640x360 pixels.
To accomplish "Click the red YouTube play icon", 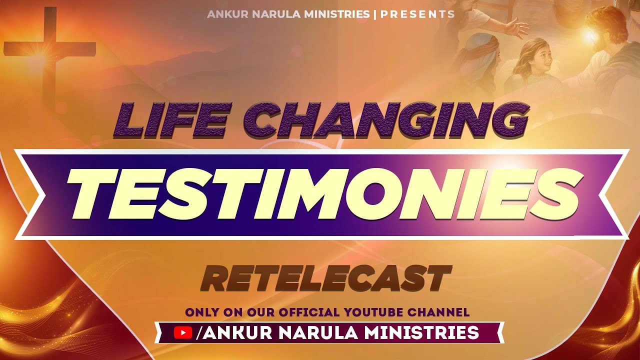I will (x=183, y=332).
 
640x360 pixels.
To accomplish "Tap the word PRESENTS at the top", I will (x=417, y=14).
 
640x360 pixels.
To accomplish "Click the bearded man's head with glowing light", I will (x=605, y=27).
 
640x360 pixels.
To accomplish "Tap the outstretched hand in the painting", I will (x=515, y=27).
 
